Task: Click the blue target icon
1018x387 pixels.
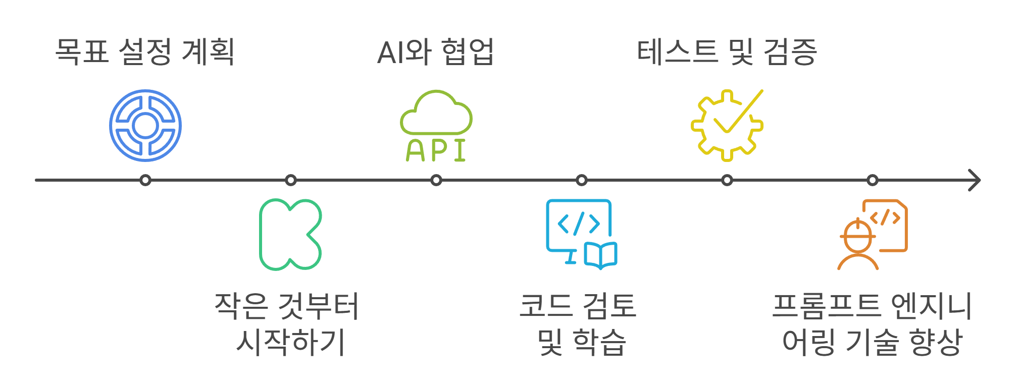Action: (x=145, y=126)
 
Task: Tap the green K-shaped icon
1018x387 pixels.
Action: (x=290, y=235)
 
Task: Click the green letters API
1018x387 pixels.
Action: (x=436, y=150)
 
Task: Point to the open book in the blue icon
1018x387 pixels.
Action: (x=601, y=255)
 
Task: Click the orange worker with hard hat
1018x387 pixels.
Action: (x=857, y=245)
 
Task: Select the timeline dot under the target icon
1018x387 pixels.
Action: (x=145, y=180)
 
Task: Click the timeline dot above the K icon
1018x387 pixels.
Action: (x=291, y=180)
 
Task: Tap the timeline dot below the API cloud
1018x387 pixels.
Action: (x=436, y=180)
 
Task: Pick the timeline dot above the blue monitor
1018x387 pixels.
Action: (x=582, y=180)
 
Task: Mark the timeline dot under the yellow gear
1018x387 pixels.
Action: (x=727, y=180)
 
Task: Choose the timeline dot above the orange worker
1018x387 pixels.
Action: (x=873, y=180)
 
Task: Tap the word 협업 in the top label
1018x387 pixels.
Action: (x=468, y=51)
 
